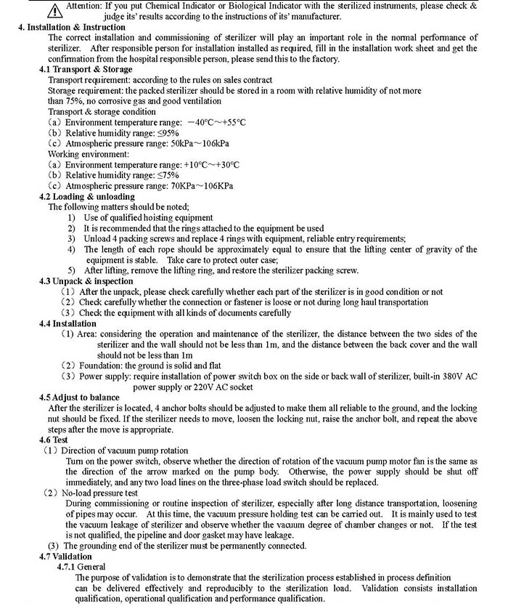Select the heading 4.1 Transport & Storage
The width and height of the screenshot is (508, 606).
[81, 70]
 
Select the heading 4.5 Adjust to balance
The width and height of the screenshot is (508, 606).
[81, 397]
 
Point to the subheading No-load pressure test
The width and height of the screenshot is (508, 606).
[99, 493]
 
